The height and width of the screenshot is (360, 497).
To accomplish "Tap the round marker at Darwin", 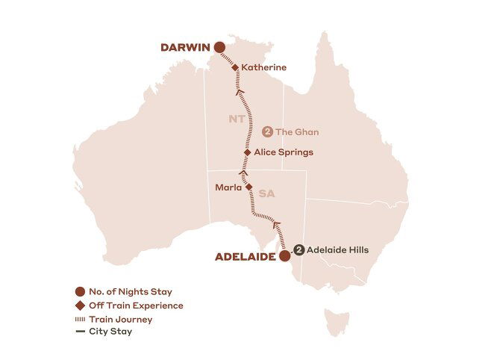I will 219,48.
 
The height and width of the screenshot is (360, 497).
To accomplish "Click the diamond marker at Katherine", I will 235,68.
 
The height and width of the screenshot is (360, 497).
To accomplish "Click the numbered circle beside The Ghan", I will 266,132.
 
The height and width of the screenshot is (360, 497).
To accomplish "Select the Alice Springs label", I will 283,152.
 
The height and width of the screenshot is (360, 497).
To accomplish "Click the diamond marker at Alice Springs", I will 248,152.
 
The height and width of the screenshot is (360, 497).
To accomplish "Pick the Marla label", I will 227,188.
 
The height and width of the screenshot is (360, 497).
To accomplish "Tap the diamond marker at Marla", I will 249,187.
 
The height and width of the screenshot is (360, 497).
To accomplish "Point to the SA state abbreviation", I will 267,193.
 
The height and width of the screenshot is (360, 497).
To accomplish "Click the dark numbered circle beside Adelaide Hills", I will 298,250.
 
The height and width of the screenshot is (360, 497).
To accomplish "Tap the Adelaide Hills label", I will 338,250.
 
